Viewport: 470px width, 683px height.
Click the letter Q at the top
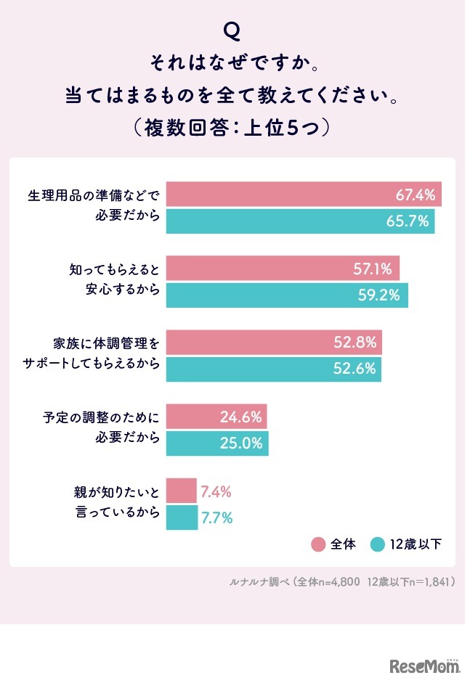point(232,30)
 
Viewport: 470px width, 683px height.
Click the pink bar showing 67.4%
point(304,195)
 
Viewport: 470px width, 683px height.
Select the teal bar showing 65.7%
point(300,221)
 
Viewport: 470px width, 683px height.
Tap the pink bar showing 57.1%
point(283,269)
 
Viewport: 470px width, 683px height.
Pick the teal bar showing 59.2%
point(287,295)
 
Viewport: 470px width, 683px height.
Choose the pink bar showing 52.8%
point(274,343)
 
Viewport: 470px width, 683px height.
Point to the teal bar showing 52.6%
point(273,369)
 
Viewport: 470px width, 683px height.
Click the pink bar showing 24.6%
point(216,417)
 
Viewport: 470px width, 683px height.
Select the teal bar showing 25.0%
point(217,443)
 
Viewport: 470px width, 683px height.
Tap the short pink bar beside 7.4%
point(182,491)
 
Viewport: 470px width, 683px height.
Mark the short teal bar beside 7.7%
point(182,518)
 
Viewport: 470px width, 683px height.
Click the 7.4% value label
point(216,491)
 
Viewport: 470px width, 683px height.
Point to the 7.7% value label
point(216,518)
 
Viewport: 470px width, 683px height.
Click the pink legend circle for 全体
point(318,544)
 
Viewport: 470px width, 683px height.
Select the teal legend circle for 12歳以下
point(377,544)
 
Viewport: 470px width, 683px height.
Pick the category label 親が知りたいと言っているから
point(118,504)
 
